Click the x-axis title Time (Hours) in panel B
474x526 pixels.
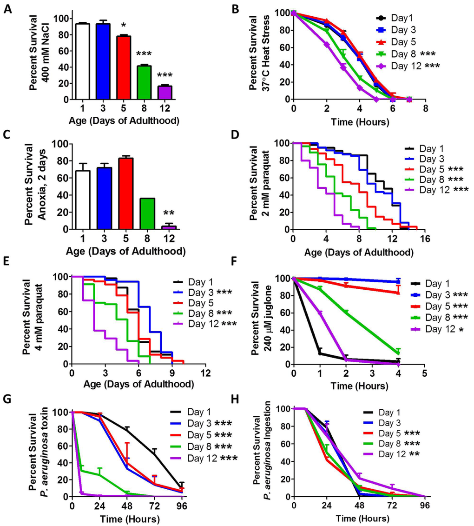(359, 122)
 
